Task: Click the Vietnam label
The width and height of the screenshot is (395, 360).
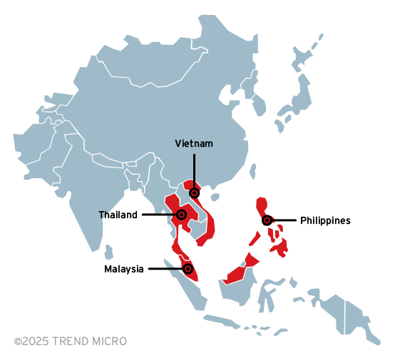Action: tap(194, 143)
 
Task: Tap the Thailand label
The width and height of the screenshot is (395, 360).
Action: tap(118, 215)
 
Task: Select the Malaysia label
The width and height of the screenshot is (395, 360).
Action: tap(124, 269)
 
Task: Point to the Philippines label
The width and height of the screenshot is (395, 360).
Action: tap(325, 220)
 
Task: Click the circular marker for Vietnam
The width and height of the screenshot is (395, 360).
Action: tap(194, 192)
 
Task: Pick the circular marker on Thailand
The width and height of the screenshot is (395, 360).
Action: tap(181, 214)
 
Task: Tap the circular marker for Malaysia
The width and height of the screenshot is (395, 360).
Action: tap(188, 269)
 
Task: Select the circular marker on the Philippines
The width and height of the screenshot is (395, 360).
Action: tap(267, 220)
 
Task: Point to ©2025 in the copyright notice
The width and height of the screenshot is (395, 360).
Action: tap(31, 341)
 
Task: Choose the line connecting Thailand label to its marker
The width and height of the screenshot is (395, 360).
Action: tap(158, 214)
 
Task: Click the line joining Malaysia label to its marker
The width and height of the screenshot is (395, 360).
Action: tap(165, 269)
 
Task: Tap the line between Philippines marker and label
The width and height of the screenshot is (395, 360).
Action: tap(284, 220)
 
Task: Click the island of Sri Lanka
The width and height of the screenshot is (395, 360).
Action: tap(108, 252)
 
